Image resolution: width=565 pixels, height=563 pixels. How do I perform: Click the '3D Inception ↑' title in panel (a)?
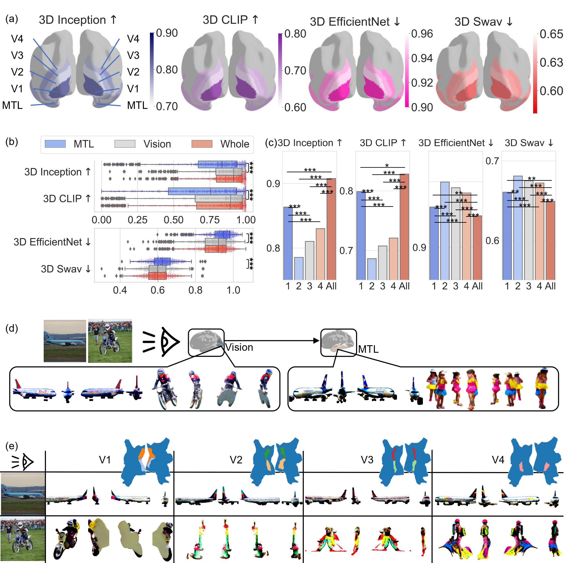[x=78, y=20]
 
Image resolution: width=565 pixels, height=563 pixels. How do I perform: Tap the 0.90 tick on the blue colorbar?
[x=167, y=33]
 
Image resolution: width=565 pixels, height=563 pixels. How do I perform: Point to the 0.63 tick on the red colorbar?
[x=551, y=62]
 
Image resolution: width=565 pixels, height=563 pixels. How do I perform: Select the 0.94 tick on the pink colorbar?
[x=422, y=58]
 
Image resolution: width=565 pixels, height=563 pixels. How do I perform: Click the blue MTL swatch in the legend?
[x=55, y=144]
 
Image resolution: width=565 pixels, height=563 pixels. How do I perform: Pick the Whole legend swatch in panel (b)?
[x=202, y=144]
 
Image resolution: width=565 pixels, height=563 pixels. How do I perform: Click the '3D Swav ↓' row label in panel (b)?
[x=66, y=269]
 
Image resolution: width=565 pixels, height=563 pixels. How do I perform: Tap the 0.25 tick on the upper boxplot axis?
[x=137, y=220]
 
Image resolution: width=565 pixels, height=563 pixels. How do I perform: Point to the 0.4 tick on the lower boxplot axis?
[x=120, y=290]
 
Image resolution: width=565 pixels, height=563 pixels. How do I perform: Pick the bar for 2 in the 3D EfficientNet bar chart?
[x=444, y=231]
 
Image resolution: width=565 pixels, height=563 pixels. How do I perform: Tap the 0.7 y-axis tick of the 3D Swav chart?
[x=492, y=161]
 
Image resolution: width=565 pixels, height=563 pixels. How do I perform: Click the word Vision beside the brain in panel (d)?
[x=239, y=347]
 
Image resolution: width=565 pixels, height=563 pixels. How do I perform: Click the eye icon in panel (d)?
[x=169, y=341]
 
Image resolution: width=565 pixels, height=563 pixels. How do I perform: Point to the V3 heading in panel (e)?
[x=367, y=460]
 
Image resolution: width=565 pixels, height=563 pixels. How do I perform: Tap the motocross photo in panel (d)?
[x=110, y=341]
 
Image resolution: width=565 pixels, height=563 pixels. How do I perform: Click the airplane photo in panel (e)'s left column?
[x=23, y=494]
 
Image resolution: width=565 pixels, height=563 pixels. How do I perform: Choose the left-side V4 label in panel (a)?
[x=17, y=39]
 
